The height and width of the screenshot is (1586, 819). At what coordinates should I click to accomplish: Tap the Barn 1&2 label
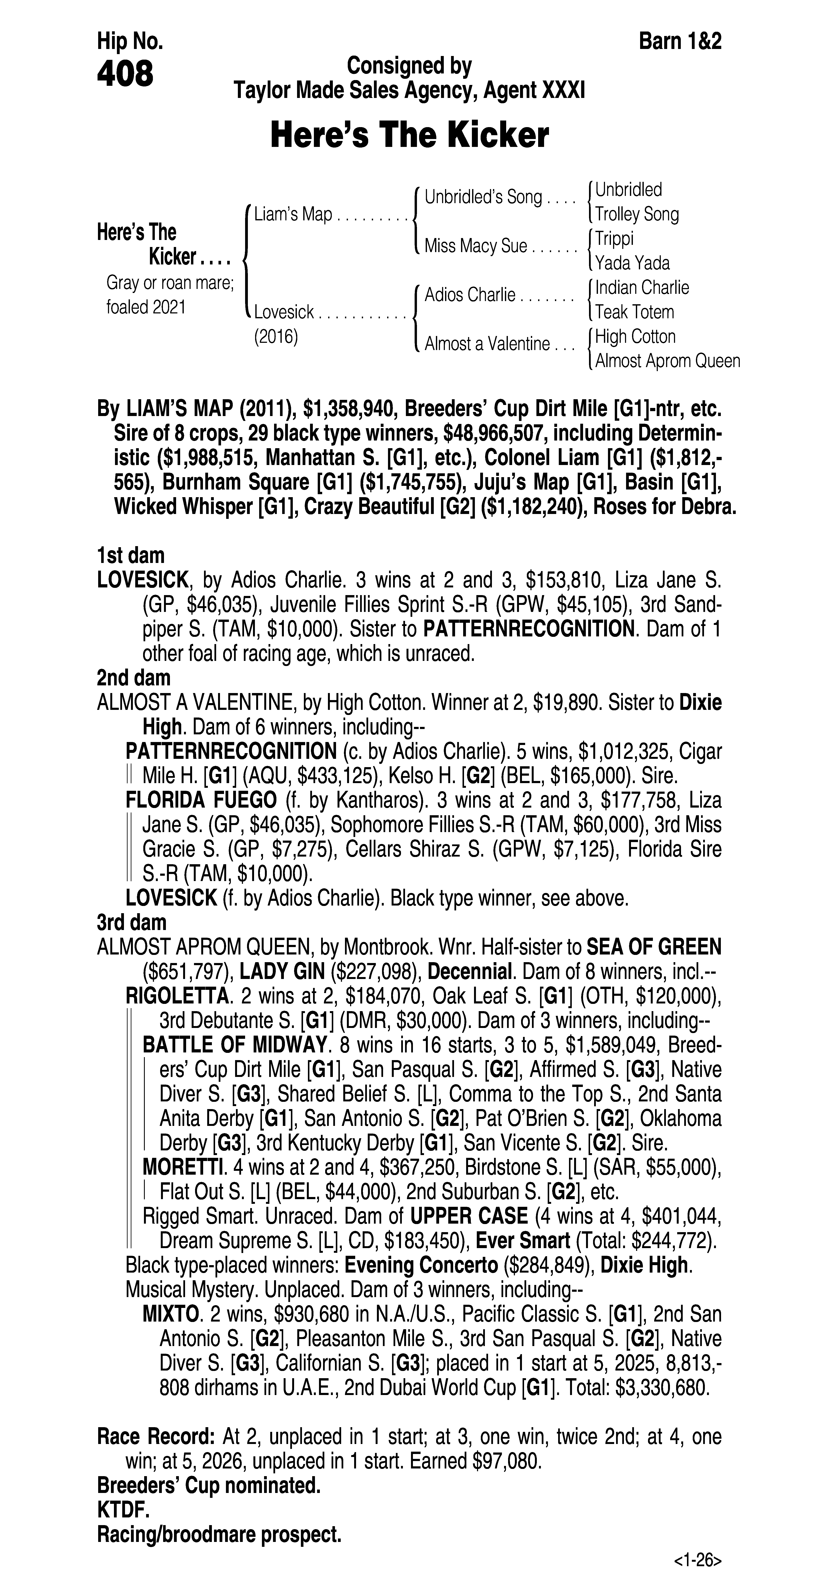click(x=680, y=41)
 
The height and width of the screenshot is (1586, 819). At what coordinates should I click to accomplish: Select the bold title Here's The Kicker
click(x=409, y=135)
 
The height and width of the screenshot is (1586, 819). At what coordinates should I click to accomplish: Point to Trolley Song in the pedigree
click(x=637, y=214)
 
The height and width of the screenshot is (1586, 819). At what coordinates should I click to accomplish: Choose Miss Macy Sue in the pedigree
click(x=475, y=246)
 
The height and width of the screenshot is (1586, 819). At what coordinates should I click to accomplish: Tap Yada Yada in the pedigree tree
click(x=632, y=263)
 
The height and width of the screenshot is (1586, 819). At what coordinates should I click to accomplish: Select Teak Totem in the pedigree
click(x=634, y=312)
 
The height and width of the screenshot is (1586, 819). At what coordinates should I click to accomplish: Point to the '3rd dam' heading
click(x=132, y=922)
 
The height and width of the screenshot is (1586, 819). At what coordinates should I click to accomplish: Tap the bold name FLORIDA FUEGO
click(x=201, y=800)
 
